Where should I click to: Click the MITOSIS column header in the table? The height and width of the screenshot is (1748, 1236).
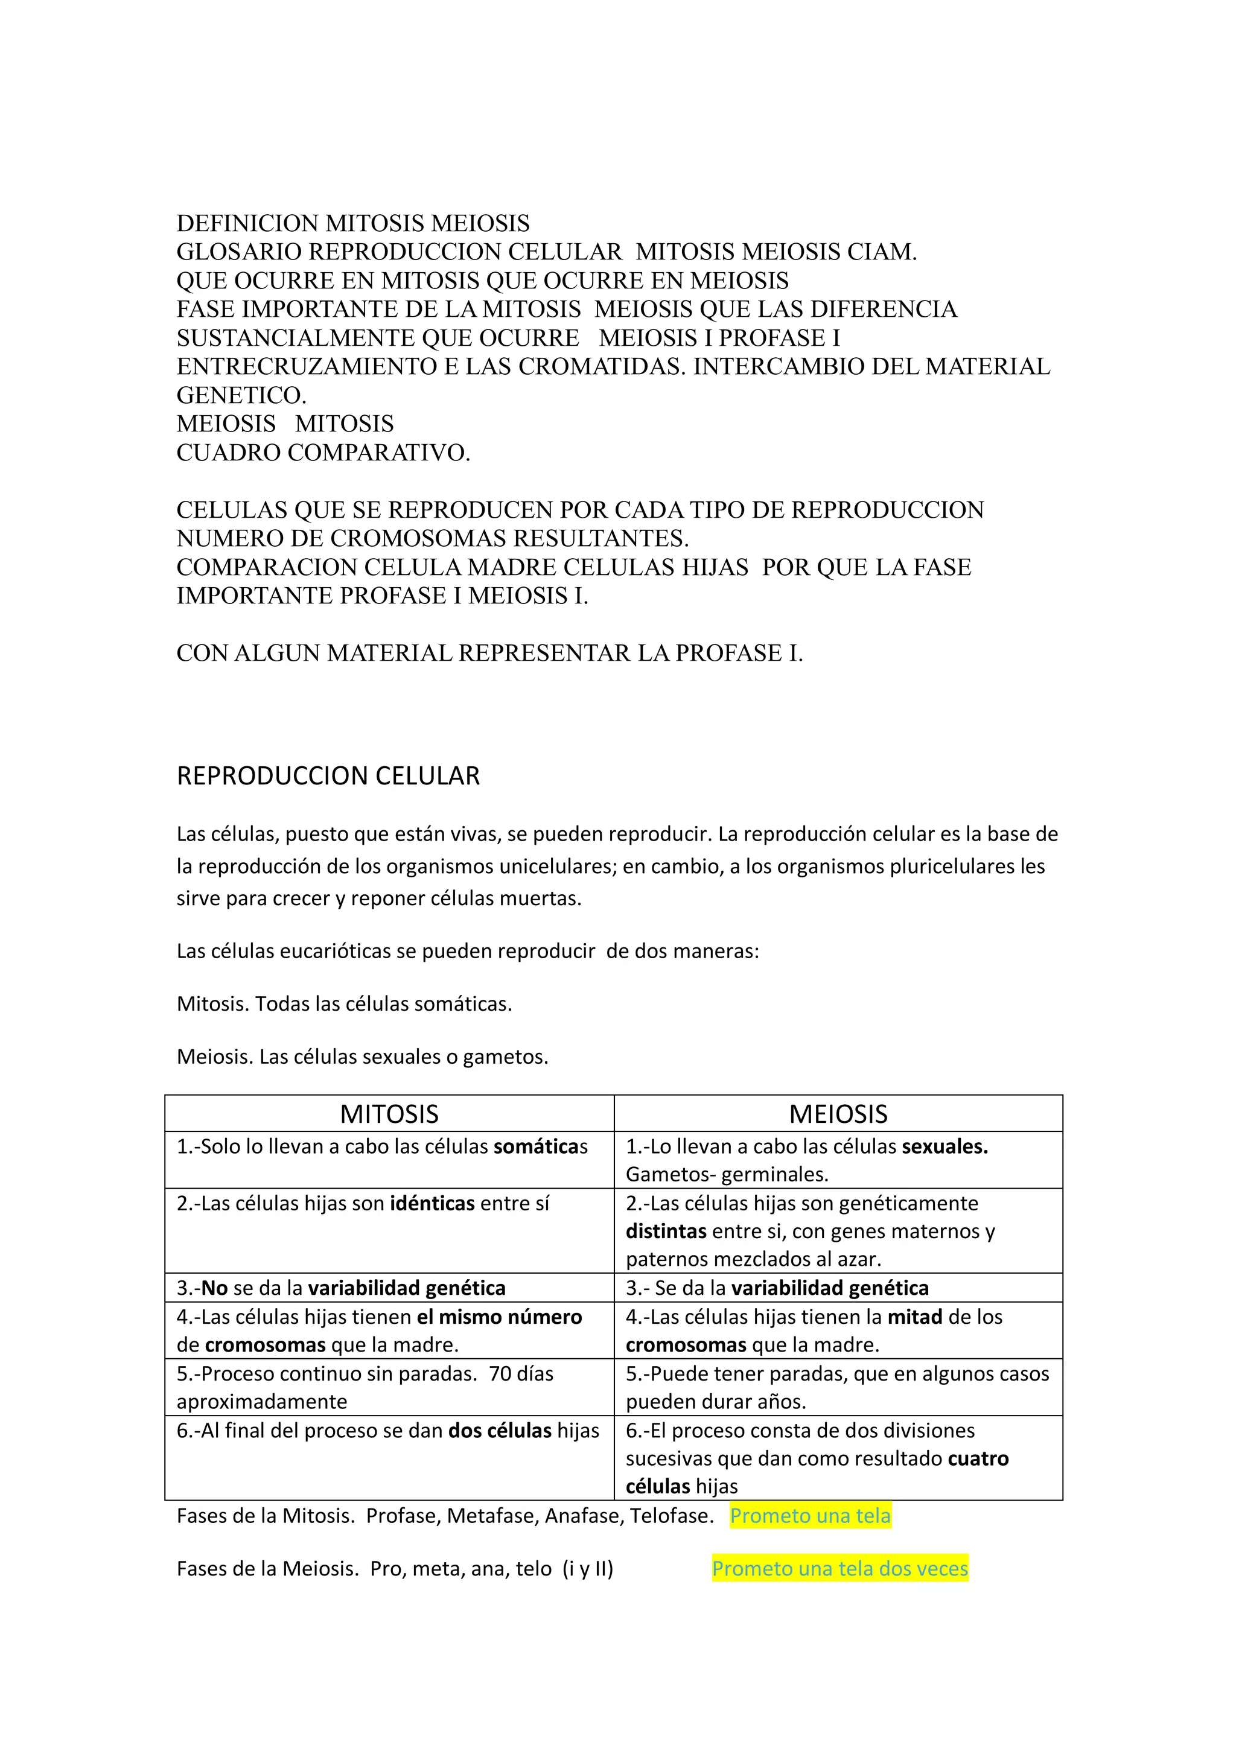click(389, 1114)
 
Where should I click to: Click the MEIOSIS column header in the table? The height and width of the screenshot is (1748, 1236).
click(838, 1114)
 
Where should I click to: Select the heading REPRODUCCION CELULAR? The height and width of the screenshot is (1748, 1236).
click(328, 776)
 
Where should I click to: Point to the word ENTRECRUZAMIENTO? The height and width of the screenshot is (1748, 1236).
click(307, 367)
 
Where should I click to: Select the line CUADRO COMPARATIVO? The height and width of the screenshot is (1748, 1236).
click(323, 453)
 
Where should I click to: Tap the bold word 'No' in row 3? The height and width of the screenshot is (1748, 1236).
click(215, 1288)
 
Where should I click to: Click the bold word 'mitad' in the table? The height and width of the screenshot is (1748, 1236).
click(914, 1317)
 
